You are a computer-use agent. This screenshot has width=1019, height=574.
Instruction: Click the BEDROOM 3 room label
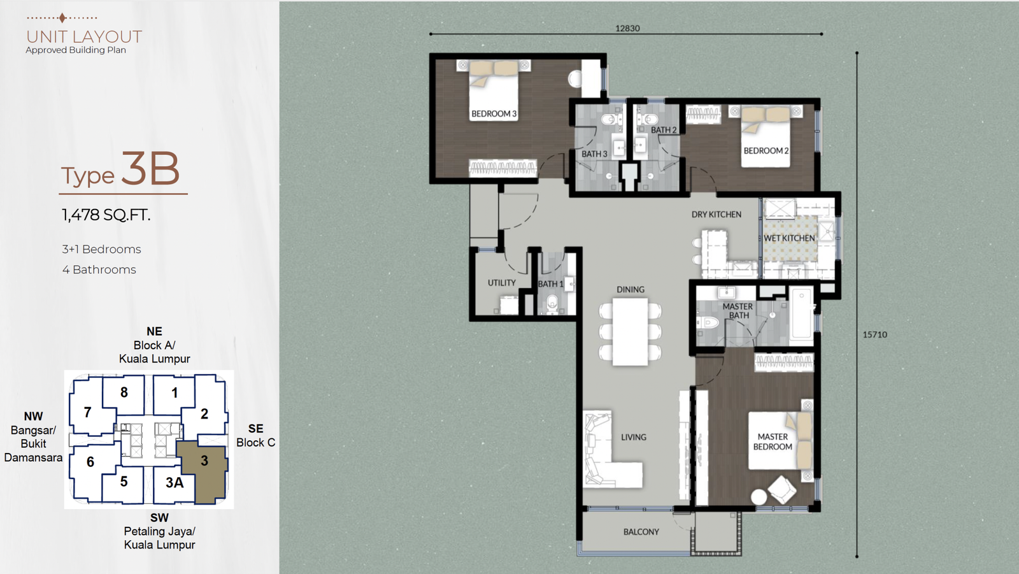[x=494, y=114]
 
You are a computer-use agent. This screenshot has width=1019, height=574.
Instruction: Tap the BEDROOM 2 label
[x=766, y=151]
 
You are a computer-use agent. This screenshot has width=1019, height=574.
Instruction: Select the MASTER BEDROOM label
[x=773, y=441]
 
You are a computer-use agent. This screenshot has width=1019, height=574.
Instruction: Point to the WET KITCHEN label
[x=789, y=238]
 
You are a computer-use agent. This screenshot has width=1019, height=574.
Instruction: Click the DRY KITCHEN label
[x=716, y=215]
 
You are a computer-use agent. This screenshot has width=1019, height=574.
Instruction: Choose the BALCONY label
[x=641, y=532]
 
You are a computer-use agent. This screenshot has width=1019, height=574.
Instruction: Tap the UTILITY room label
[x=502, y=283]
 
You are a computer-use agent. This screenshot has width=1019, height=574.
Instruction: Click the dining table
[x=630, y=331]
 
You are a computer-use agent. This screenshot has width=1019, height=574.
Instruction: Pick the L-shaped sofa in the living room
[x=612, y=450]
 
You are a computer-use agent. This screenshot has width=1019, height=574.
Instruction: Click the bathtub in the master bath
[x=801, y=313]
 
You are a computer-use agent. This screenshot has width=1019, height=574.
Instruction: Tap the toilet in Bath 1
[x=552, y=304]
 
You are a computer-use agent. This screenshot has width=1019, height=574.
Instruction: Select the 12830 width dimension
[x=627, y=28]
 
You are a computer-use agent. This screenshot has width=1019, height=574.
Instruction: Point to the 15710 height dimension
[x=875, y=334]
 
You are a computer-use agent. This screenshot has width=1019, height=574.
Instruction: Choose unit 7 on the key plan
[x=88, y=412]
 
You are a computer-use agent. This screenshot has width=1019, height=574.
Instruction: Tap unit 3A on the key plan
[x=175, y=482]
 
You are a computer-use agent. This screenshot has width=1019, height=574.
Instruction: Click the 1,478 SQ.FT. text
[x=106, y=215]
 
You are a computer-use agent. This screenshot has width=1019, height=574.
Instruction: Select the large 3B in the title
[x=150, y=169]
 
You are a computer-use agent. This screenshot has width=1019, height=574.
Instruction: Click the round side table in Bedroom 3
[x=575, y=79]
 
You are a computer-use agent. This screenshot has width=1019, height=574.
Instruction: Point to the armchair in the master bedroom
[x=782, y=490]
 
